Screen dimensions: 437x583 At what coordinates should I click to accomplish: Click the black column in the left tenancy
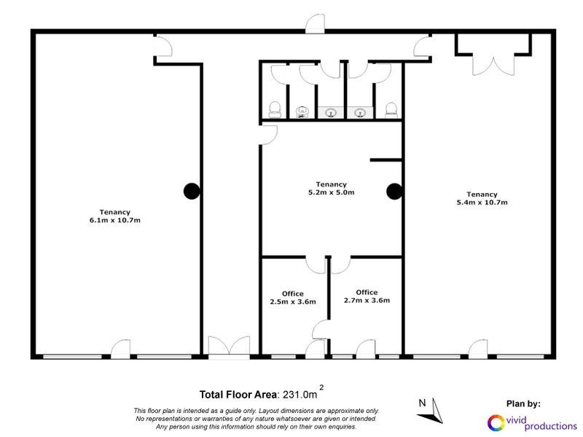point(191,191)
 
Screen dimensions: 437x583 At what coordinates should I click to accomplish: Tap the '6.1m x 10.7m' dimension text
point(111,220)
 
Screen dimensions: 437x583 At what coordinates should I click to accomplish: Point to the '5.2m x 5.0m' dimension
point(331,192)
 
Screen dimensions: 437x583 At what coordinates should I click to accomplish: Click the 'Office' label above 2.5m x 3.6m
point(292,294)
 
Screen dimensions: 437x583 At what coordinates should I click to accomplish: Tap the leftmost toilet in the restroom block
point(275,110)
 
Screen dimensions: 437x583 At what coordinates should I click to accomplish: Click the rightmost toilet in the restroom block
point(390,110)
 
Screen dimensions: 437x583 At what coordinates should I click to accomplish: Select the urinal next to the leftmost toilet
point(302,112)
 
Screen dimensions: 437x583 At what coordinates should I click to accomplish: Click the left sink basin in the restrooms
point(331,112)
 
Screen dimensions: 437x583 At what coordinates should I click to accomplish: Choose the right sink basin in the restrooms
point(360,112)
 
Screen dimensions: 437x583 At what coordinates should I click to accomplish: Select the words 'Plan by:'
point(523,403)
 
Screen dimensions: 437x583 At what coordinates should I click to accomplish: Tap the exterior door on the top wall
point(315,23)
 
